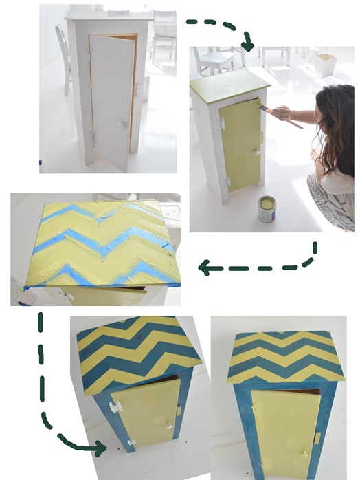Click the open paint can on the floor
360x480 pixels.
click(x=267, y=209)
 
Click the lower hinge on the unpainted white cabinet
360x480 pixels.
click(x=92, y=138)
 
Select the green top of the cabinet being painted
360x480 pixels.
click(x=228, y=85)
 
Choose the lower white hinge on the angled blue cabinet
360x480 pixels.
click(x=130, y=441)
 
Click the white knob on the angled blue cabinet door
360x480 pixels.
click(x=169, y=426)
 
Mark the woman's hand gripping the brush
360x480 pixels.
click(x=282, y=113)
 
